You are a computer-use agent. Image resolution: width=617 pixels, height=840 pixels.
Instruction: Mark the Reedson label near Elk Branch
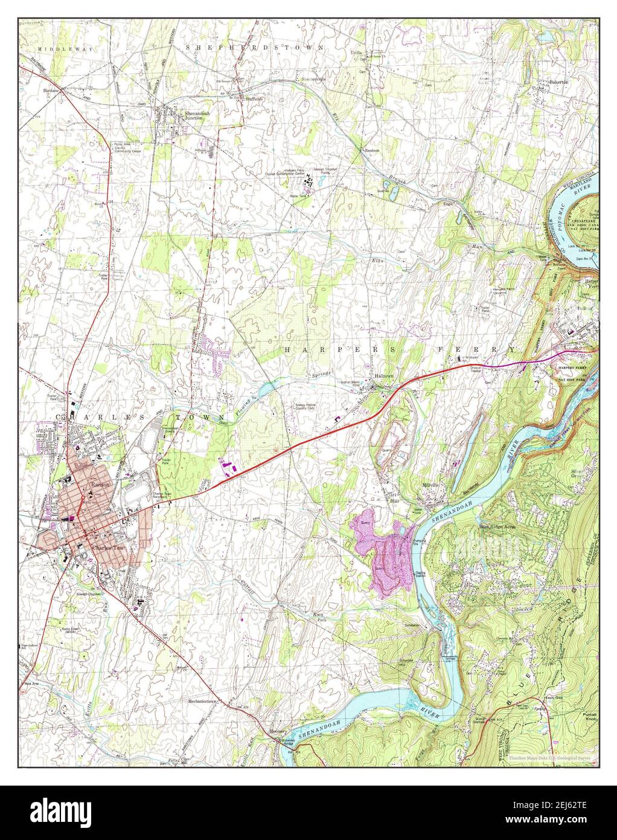coord(370,150)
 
